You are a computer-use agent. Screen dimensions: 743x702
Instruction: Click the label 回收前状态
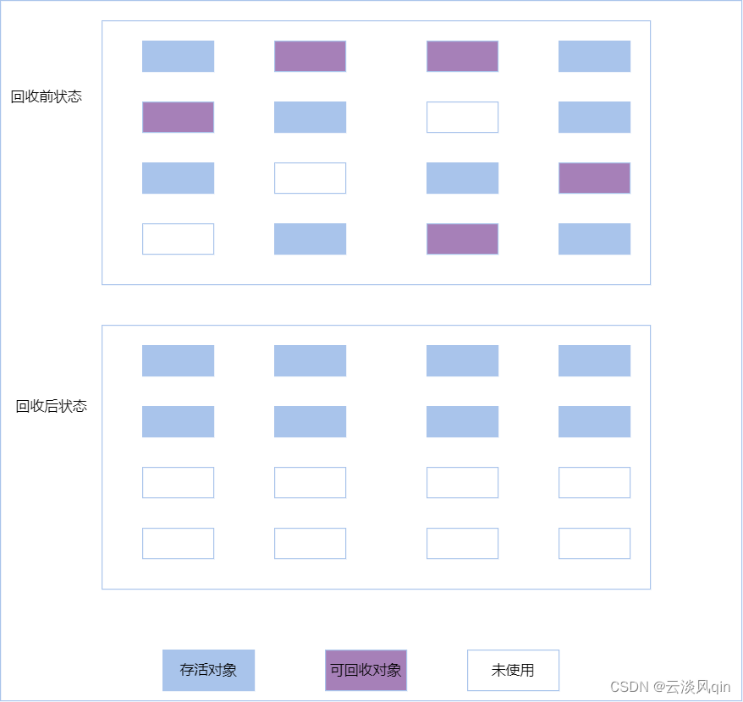[47, 96]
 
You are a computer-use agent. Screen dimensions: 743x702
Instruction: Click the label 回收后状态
[51, 406]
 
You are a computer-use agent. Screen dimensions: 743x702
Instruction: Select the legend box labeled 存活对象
[208, 670]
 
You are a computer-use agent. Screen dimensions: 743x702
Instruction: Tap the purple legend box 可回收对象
[366, 670]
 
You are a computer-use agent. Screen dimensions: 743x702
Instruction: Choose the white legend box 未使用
[513, 670]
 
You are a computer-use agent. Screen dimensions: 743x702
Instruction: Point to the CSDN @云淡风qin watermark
[670, 687]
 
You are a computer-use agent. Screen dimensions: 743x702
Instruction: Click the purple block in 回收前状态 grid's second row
[179, 117]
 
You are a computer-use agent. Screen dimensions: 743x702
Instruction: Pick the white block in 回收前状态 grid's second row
[463, 117]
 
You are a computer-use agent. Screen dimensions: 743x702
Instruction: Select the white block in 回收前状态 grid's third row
[310, 178]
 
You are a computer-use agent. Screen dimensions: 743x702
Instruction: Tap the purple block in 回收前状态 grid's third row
[594, 178]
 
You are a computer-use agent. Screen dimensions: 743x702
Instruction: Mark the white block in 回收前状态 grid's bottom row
[179, 239]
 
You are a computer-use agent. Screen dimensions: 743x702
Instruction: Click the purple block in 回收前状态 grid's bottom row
[463, 239]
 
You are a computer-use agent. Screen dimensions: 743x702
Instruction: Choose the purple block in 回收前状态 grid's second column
[310, 57]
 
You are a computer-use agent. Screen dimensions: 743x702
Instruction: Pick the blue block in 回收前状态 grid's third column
[463, 178]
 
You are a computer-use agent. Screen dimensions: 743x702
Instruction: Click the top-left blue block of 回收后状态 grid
[179, 361]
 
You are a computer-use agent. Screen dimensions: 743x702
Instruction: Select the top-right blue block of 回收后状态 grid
[594, 361]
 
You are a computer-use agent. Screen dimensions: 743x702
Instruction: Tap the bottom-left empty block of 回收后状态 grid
[179, 543]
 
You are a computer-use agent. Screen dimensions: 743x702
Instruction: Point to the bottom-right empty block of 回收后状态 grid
[594, 543]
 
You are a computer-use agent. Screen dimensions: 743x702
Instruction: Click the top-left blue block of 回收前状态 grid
[179, 57]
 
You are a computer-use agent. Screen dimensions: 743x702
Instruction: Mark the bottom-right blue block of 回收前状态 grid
[594, 239]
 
